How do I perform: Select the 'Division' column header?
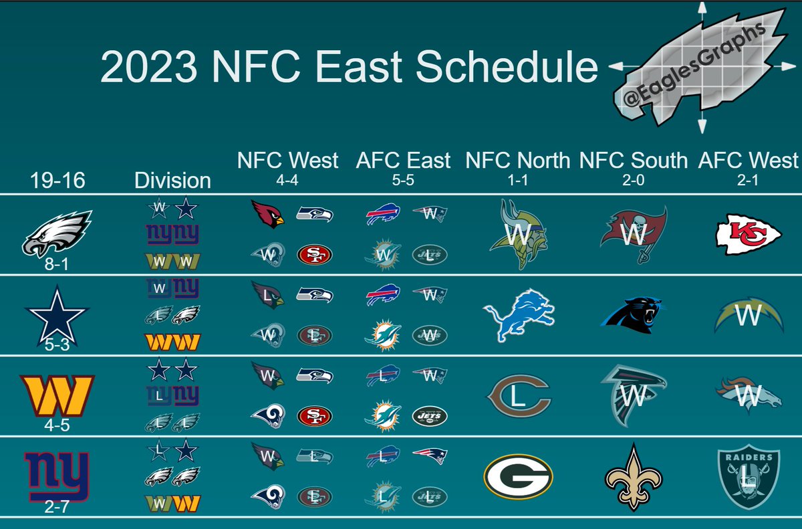pos(172,180)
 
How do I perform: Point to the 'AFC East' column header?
pos(402,161)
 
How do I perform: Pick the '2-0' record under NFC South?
pos(632,181)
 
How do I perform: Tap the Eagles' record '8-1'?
pos(57,265)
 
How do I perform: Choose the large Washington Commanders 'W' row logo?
pos(57,395)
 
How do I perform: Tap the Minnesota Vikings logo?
pos(519,235)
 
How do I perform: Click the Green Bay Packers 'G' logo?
pos(518,477)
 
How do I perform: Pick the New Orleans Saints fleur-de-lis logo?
pos(632,477)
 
